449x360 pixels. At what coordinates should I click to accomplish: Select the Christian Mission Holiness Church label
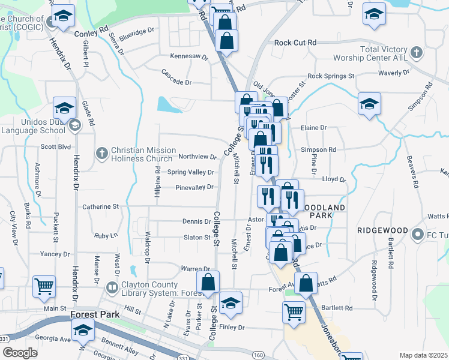point(143,154)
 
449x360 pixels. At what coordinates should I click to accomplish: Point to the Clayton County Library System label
point(147,289)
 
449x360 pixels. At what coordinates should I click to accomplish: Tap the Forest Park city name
point(92,314)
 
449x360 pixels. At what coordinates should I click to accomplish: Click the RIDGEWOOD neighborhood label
point(382,230)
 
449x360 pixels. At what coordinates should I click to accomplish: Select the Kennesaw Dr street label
point(188,58)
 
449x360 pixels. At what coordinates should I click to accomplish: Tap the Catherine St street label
point(100,206)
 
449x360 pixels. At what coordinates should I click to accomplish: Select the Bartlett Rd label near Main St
point(336,308)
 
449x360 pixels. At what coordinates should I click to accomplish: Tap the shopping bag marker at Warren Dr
point(208,282)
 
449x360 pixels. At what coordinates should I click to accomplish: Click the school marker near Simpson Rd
point(369,103)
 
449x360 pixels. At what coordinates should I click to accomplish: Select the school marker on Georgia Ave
point(83,329)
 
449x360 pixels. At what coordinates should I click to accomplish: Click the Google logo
point(19,353)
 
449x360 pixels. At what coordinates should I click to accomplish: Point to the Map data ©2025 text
point(423,355)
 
